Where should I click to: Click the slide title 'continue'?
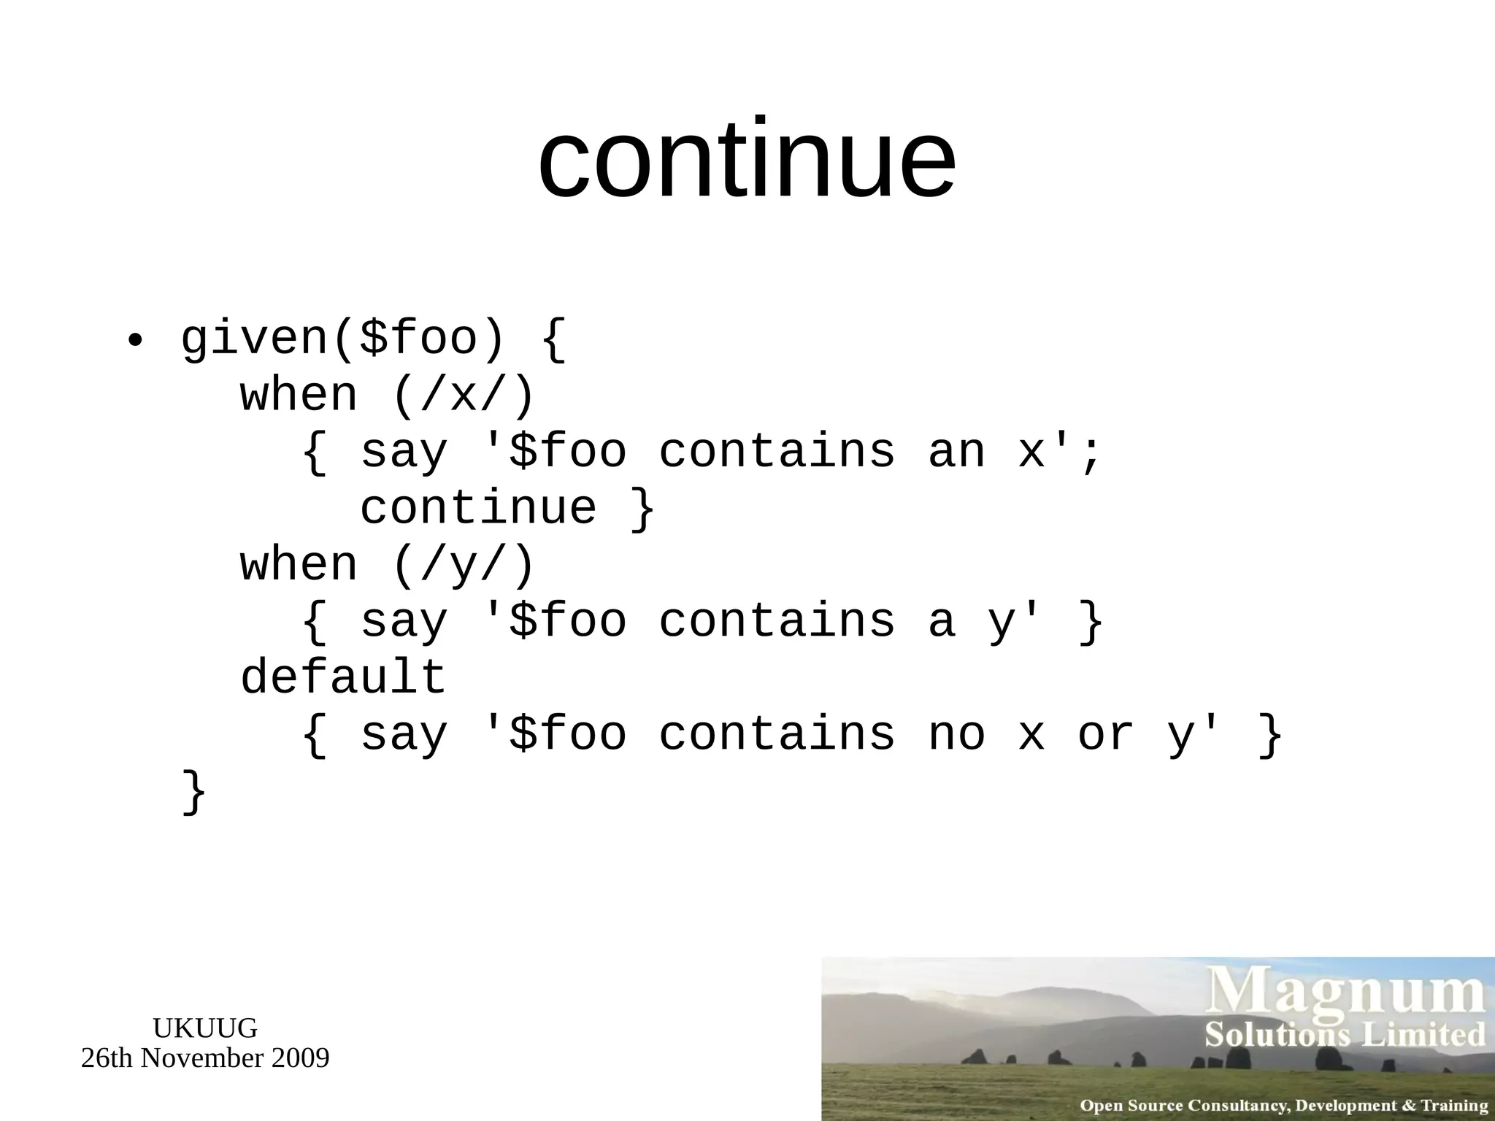pos(746,158)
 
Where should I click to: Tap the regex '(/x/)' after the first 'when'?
pos(464,396)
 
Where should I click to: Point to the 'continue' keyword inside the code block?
pos(478,508)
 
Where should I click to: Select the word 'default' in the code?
pos(343,677)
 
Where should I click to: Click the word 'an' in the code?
pos(956,452)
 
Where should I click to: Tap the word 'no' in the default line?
pos(956,734)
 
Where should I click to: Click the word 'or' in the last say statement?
pos(1105,734)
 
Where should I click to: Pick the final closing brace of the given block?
pos(194,793)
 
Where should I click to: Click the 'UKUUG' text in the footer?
pos(205,1028)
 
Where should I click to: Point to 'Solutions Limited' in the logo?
pos(1345,1035)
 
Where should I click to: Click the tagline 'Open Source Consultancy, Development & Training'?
pos(1283,1105)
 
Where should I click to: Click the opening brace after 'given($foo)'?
pos(553,340)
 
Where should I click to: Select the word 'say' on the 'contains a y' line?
pos(404,622)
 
